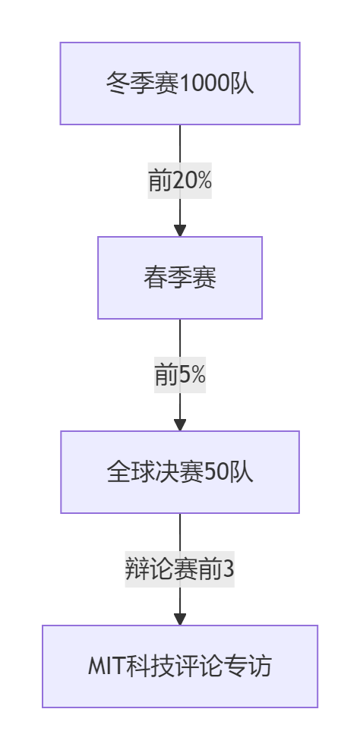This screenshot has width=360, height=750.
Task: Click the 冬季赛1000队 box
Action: click(180, 84)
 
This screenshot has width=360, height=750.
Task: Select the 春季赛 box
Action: click(180, 277)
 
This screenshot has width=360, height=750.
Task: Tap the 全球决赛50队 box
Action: click(180, 472)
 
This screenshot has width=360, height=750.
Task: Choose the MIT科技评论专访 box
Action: click(180, 666)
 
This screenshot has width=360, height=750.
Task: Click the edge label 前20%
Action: click(179, 181)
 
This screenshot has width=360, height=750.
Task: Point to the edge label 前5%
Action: click(180, 375)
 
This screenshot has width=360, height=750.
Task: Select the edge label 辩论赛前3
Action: click(179, 569)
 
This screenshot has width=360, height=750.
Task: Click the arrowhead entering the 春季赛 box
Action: click(180, 230)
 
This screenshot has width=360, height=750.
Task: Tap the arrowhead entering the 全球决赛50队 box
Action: click(180, 424)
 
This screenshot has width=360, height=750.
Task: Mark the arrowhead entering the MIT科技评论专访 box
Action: click(180, 619)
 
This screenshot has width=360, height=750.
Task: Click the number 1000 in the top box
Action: click(204, 84)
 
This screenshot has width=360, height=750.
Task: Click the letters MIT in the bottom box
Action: click(107, 666)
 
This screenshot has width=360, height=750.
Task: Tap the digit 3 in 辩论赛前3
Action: click(229, 569)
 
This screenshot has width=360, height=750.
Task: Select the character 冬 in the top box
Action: click(118, 84)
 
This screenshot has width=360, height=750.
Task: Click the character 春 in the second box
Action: click(156, 278)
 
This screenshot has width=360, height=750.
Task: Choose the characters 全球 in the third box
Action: click(131, 473)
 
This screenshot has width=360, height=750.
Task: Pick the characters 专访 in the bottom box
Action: click(248, 666)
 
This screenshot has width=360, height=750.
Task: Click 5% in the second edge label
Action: click(192, 375)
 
